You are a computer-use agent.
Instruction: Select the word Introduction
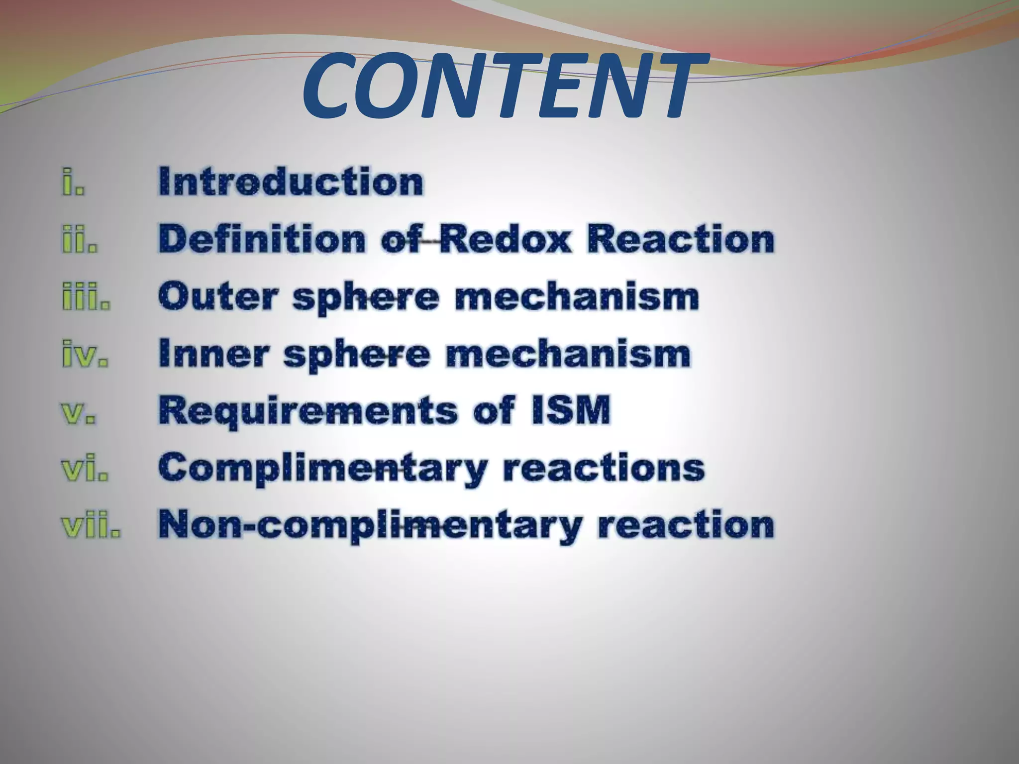pyautogui.click(x=291, y=182)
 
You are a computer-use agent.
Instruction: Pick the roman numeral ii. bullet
pyautogui.click(x=80, y=239)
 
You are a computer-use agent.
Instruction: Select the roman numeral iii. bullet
pyautogui.click(x=86, y=296)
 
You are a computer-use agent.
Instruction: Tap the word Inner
pyautogui.click(x=213, y=354)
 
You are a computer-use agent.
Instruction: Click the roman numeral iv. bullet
pyautogui.click(x=85, y=354)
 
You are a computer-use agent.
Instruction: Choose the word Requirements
pyautogui.click(x=307, y=412)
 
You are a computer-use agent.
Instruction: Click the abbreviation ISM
pyautogui.click(x=570, y=411)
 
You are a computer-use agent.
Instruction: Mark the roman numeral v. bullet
pyautogui.click(x=79, y=412)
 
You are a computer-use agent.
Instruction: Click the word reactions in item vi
pyautogui.click(x=604, y=469)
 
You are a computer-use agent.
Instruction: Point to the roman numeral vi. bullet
pyautogui.click(x=84, y=469)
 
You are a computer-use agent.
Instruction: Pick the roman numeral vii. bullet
pyautogui.click(x=91, y=526)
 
